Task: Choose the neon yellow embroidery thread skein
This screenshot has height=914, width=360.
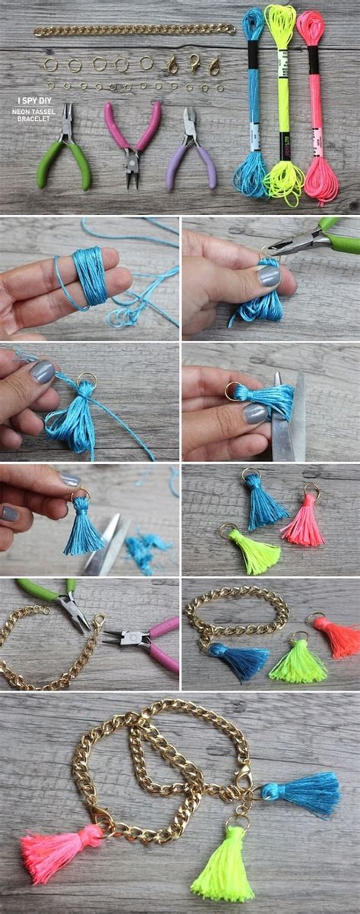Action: pos(282,106)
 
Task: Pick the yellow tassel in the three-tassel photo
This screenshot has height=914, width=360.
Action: pos(254,552)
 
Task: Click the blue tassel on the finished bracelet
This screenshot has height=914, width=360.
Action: pos(304,793)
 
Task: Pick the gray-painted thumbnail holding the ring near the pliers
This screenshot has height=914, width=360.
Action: pos(268,276)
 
